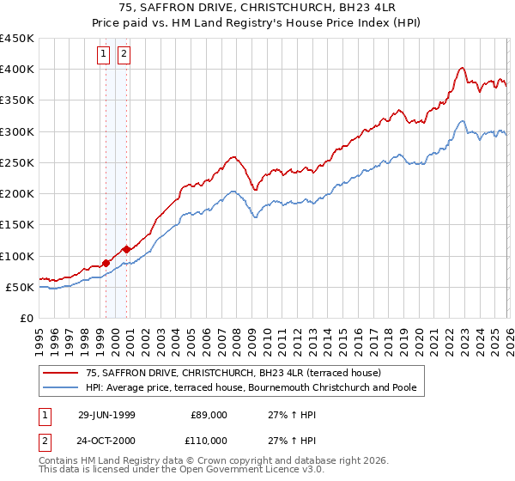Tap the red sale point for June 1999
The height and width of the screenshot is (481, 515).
point(106,263)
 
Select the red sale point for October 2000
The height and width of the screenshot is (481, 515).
point(126,249)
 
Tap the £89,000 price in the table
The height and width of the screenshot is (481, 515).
point(209,415)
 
